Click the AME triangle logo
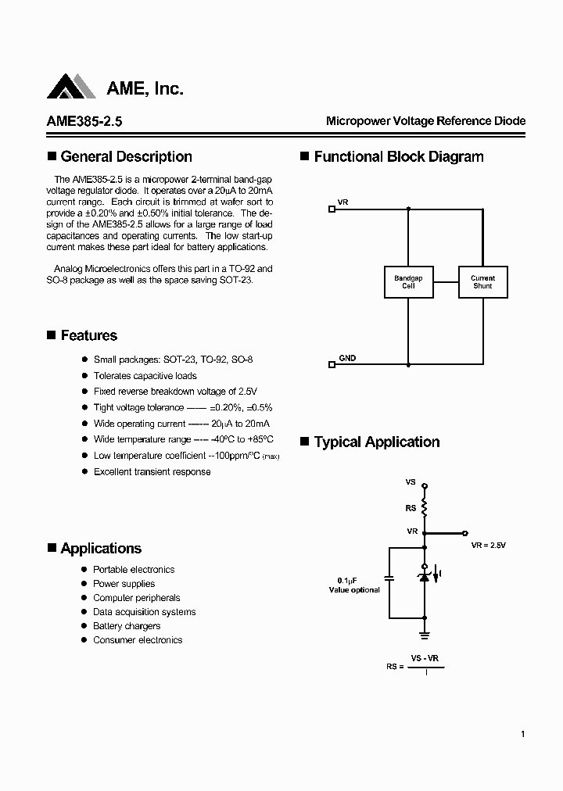[71, 87]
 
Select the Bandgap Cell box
[408, 282]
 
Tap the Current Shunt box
[482, 282]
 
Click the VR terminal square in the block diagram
[332, 209]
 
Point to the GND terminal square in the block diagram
[332, 364]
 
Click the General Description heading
[126, 156]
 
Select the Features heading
[88, 335]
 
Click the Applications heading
[101, 548]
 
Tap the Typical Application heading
[376, 442]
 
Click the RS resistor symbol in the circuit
[425, 508]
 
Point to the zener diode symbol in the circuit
[425, 576]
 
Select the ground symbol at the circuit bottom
[425, 634]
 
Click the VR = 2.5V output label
[489, 545]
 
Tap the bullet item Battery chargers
[127, 626]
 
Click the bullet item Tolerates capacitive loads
[145, 376]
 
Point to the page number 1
[522, 734]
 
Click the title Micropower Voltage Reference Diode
[425, 121]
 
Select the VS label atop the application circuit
[411, 482]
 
